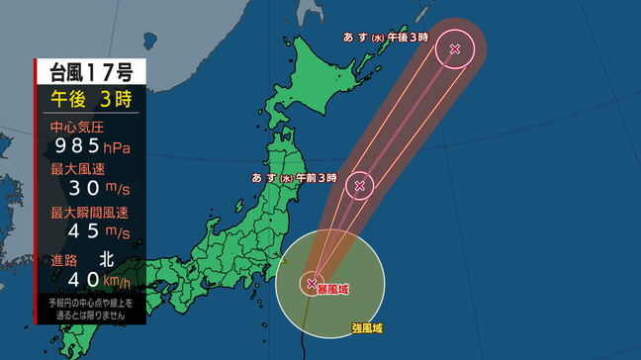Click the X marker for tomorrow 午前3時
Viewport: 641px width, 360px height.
click(x=360, y=184)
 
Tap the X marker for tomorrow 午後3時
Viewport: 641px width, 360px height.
click(x=455, y=48)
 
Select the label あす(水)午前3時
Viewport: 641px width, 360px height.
click(x=294, y=179)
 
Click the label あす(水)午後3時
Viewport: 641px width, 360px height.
click(x=386, y=37)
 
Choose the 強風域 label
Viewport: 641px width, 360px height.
click(x=367, y=327)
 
